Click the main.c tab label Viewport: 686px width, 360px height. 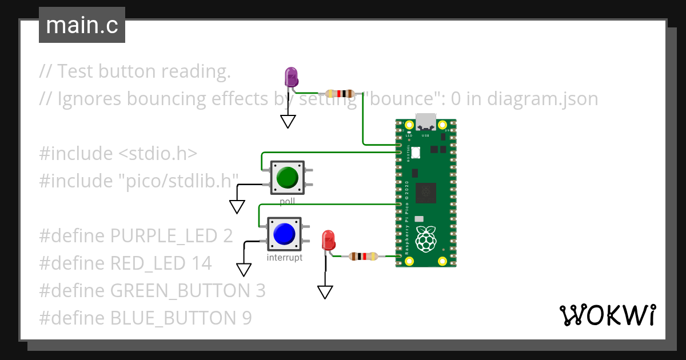82,25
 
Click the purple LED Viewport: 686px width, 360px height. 291,77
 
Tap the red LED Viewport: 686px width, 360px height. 328,239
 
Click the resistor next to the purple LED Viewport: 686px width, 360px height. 340,94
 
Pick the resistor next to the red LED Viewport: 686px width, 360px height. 363,256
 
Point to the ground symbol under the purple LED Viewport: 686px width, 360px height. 288,121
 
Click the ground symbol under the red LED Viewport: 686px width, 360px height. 325,292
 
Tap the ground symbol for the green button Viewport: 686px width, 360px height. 237,206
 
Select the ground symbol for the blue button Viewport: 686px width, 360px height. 244,270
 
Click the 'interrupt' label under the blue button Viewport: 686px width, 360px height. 285,258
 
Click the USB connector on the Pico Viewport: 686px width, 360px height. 425,122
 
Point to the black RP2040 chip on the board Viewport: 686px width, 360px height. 426,193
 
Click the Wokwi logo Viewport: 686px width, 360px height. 607,315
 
